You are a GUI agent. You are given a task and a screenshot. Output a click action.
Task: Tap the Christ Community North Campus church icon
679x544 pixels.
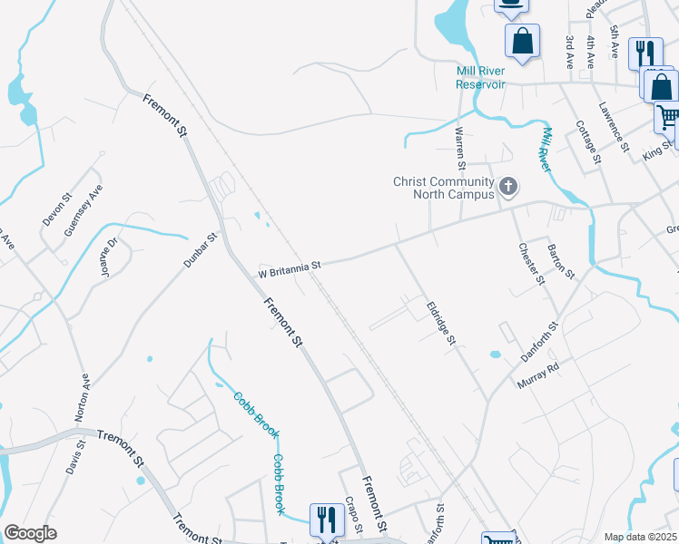pyautogui.click(x=508, y=188)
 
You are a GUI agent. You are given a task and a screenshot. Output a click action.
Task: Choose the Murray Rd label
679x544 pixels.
pyautogui.click(x=538, y=376)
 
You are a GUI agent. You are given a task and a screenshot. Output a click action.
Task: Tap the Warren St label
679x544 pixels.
pyautogui.click(x=460, y=149)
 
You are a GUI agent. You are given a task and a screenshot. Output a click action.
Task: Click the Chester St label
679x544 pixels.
pyautogui.click(x=531, y=264)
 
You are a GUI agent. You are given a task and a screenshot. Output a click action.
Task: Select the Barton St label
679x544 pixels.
pyautogui.click(x=561, y=261)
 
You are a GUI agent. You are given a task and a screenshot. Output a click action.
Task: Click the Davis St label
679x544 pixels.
pyautogui.click(x=74, y=458)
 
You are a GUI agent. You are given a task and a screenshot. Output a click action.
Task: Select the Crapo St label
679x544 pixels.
pyautogui.click(x=354, y=515)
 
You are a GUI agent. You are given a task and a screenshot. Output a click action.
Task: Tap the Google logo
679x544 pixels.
pyautogui.click(x=30, y=533)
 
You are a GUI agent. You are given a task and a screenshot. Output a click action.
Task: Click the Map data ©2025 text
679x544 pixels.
pyautogui.click(x=639, y=537)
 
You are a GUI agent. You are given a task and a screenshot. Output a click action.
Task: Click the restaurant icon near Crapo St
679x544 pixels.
pyautogui.click(x=323, y=520)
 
